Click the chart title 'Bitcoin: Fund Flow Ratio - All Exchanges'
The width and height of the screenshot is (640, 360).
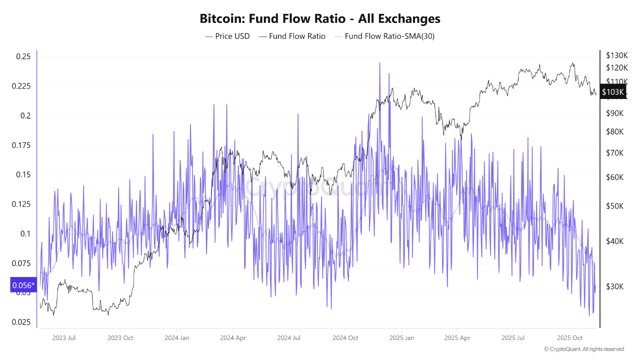(x=320, y=19)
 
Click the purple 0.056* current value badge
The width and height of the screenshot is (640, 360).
(x=23, y=285)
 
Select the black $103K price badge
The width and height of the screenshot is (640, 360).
(x=612, y=92)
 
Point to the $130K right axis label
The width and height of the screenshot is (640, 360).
(x=616, y=55)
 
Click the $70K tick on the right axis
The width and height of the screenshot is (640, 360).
(x=614, y=152)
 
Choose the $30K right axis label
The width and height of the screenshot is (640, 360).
(x=614, y=286)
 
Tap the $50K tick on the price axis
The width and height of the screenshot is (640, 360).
(x=614, y=206)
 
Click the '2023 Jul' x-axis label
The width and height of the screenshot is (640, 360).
(x=63, y=337)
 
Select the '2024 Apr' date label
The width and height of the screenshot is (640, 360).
(x=232, y=337)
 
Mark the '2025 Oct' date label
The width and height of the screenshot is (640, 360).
(x=570, y=337)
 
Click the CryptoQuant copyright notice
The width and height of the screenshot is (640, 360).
(x=583, y=349)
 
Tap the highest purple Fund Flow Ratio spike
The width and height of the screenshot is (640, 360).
(x=379, y=63)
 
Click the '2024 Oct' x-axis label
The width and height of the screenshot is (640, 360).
(x=346, y=337)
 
